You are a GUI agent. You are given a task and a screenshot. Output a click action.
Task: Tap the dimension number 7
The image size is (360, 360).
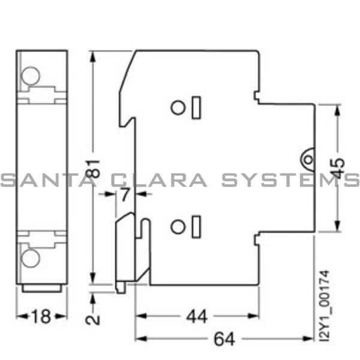(x=124, y=194)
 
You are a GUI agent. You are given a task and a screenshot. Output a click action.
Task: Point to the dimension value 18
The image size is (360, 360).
(x=41, y=317)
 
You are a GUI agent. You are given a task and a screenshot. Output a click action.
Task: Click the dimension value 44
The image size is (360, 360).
(x=196, y=317)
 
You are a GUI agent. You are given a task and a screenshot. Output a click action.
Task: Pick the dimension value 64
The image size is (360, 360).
(x=224, y=339)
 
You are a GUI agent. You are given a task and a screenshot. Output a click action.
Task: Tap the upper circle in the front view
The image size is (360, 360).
(x=30, y=76)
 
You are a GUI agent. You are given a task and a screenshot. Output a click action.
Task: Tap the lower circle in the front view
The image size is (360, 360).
(x=30, y=258)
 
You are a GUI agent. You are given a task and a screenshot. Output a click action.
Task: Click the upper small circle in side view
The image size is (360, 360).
(x=178, y=107)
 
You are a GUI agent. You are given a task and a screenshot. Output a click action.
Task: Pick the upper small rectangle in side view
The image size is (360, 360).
(x=197, y=107)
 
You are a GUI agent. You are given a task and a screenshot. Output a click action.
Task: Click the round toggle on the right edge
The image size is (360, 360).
(x=308, y=160)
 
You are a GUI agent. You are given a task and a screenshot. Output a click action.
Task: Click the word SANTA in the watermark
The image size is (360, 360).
(x=42, y=180)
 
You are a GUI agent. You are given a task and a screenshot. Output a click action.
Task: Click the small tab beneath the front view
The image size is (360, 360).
(x=41, y=289)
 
